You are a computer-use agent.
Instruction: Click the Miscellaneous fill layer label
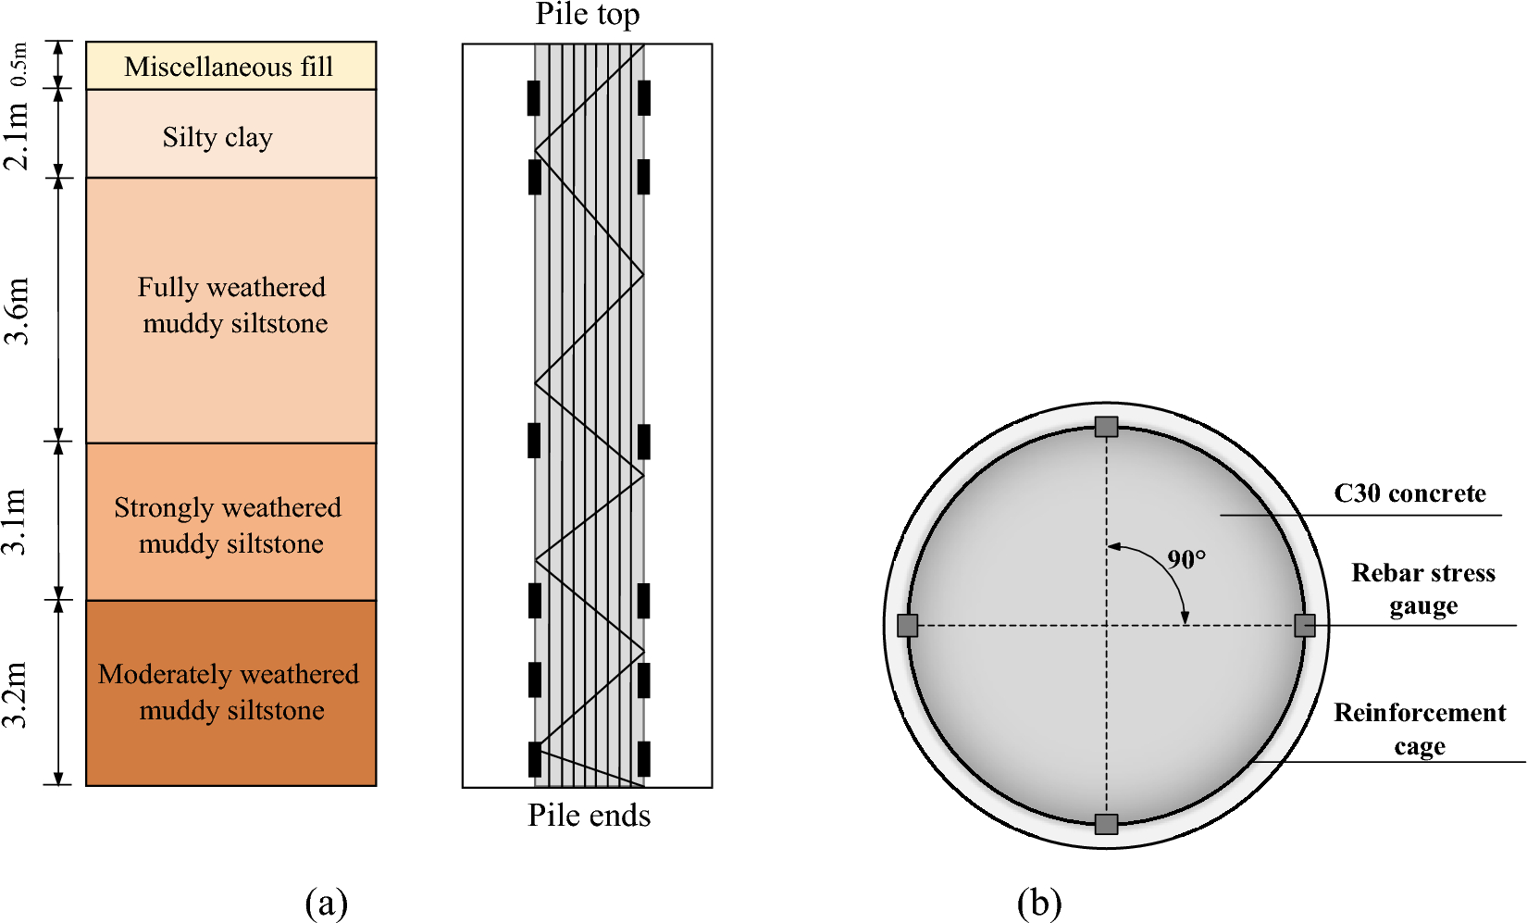[229, 67]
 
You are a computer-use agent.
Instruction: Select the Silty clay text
[217, 137]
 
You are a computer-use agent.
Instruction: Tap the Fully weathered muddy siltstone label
[232, 305]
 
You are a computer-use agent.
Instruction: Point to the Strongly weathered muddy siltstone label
[229, 525]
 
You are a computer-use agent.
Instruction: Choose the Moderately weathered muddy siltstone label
[229, 692]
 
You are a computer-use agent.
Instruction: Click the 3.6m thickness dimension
[17, 311]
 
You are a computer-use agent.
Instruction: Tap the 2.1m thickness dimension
[17, 135]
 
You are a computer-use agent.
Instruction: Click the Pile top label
[587, 15]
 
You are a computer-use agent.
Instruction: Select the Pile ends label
[589, 815]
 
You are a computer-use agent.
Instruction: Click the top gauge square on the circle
[1106, 427]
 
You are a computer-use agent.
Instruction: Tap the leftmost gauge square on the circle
[907, 626]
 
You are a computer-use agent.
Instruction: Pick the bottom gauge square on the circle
[1106, 824]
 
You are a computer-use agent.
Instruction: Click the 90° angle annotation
[1186, 559]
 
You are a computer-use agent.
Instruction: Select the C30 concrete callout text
[1409, 493]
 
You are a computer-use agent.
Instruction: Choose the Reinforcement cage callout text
[1420, 729]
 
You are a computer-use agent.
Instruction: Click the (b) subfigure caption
[1038, 903]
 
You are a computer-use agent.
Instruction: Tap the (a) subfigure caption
[326, 903]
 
